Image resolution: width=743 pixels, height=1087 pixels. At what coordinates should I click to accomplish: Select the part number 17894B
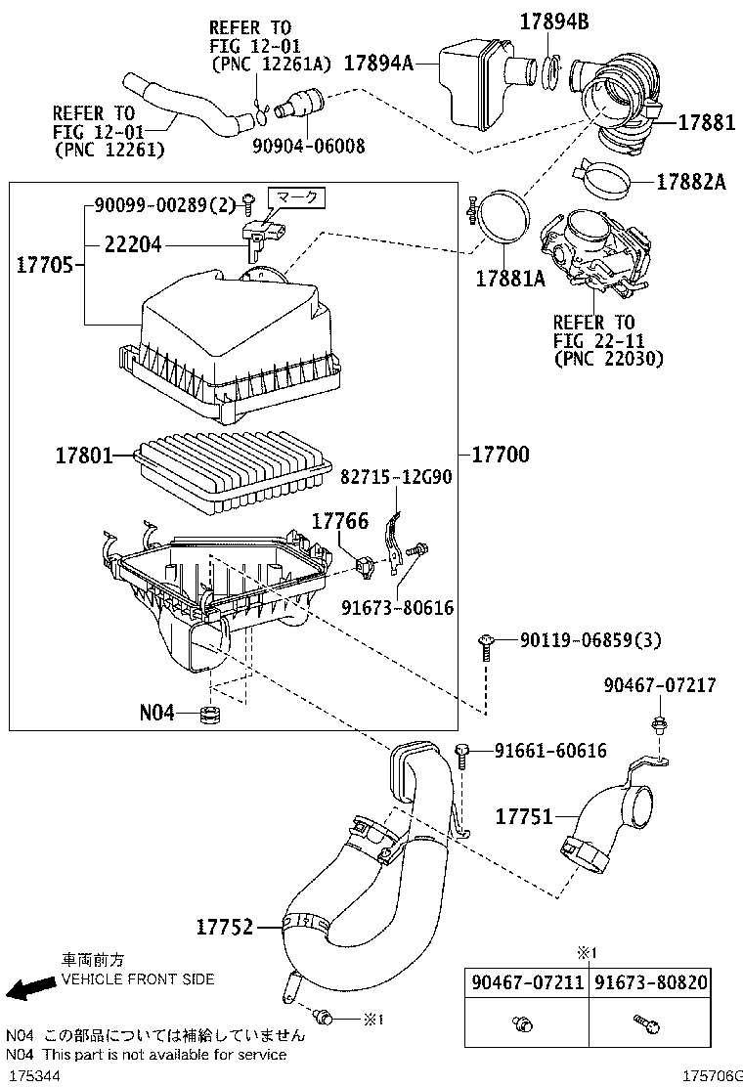pos(553,22)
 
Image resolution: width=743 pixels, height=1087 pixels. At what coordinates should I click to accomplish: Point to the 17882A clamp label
pos(691,182)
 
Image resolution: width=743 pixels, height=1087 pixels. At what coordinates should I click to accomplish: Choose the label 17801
pos(84,456)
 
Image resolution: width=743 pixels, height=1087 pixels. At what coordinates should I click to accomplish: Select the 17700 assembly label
pos(500,455)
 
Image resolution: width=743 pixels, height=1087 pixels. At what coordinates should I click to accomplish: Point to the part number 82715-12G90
pos(396,476)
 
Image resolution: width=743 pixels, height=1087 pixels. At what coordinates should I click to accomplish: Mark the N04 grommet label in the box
pos(156,714)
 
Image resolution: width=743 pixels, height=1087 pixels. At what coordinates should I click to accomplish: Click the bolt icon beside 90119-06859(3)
pos(486,642)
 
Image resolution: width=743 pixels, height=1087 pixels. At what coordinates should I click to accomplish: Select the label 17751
pos(524,815)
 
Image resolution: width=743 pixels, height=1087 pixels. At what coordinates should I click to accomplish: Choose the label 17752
pos(224,927)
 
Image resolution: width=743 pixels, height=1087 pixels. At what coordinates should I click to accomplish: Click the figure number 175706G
pos(711,1074)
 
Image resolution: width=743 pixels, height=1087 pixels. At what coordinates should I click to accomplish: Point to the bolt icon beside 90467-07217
pos(657,726)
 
